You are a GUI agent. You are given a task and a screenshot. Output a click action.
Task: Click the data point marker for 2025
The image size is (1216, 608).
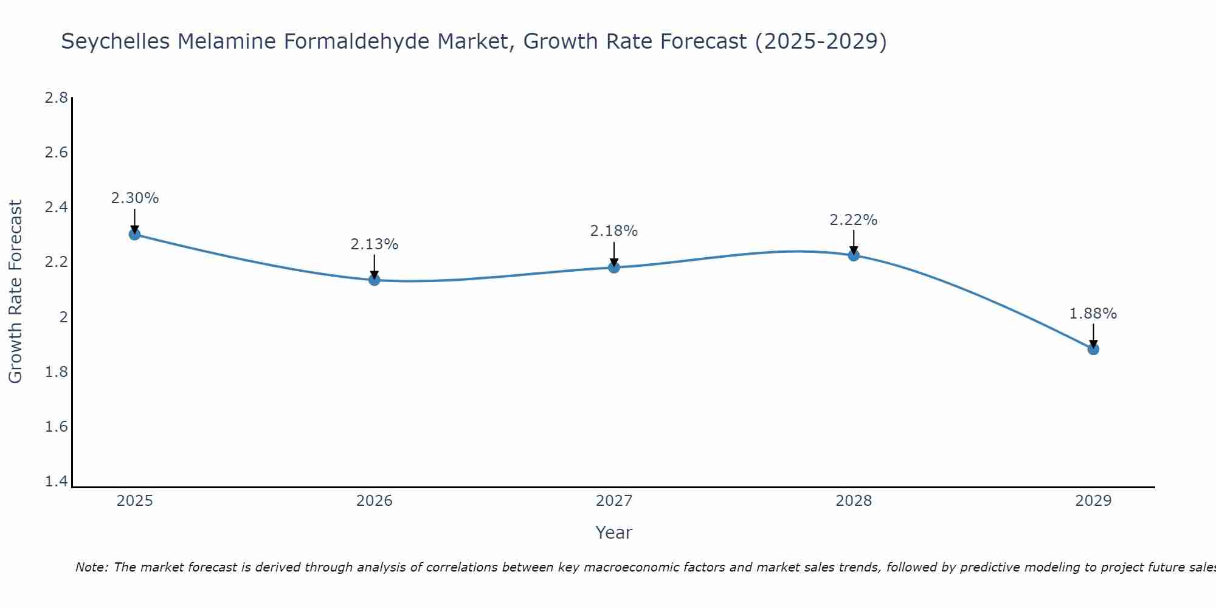tap(135, 234)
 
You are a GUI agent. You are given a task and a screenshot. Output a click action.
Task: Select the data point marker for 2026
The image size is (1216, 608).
tap(375, 280)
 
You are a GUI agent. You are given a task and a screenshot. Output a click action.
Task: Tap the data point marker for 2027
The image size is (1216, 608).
tap(614, 267)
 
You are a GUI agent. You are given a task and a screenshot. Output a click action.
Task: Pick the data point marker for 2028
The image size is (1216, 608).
tap(854, 255)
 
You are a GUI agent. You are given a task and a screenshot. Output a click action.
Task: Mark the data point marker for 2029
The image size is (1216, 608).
tap(1093, 349)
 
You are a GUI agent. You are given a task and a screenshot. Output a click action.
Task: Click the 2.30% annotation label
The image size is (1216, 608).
tap(135, 198)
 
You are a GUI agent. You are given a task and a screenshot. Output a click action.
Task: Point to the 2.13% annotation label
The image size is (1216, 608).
tap(375, 244)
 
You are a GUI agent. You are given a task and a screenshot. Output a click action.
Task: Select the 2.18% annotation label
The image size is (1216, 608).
tap(614, 231)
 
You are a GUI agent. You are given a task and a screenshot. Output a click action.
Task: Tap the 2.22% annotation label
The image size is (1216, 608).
tap(854, 220)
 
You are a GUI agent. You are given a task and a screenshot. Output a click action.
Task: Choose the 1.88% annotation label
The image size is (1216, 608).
tap(1093, 314)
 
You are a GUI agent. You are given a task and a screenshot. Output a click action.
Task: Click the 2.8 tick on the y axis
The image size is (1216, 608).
tap(57, 98)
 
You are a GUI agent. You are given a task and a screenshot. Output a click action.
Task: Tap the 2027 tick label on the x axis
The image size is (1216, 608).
tap(614, 501)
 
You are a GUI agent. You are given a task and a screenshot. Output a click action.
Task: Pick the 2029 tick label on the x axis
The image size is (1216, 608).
tap(1093, 501)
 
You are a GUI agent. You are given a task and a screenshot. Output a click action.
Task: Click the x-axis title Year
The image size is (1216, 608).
tap(614, 533)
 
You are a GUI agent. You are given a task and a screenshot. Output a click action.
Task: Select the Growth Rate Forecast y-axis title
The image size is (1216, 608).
tap(16, 292)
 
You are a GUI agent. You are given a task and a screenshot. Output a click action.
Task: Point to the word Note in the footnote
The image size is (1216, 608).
tap(91, 567)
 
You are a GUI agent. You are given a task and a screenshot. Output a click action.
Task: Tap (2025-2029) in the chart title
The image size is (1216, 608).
tap(820, 42)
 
